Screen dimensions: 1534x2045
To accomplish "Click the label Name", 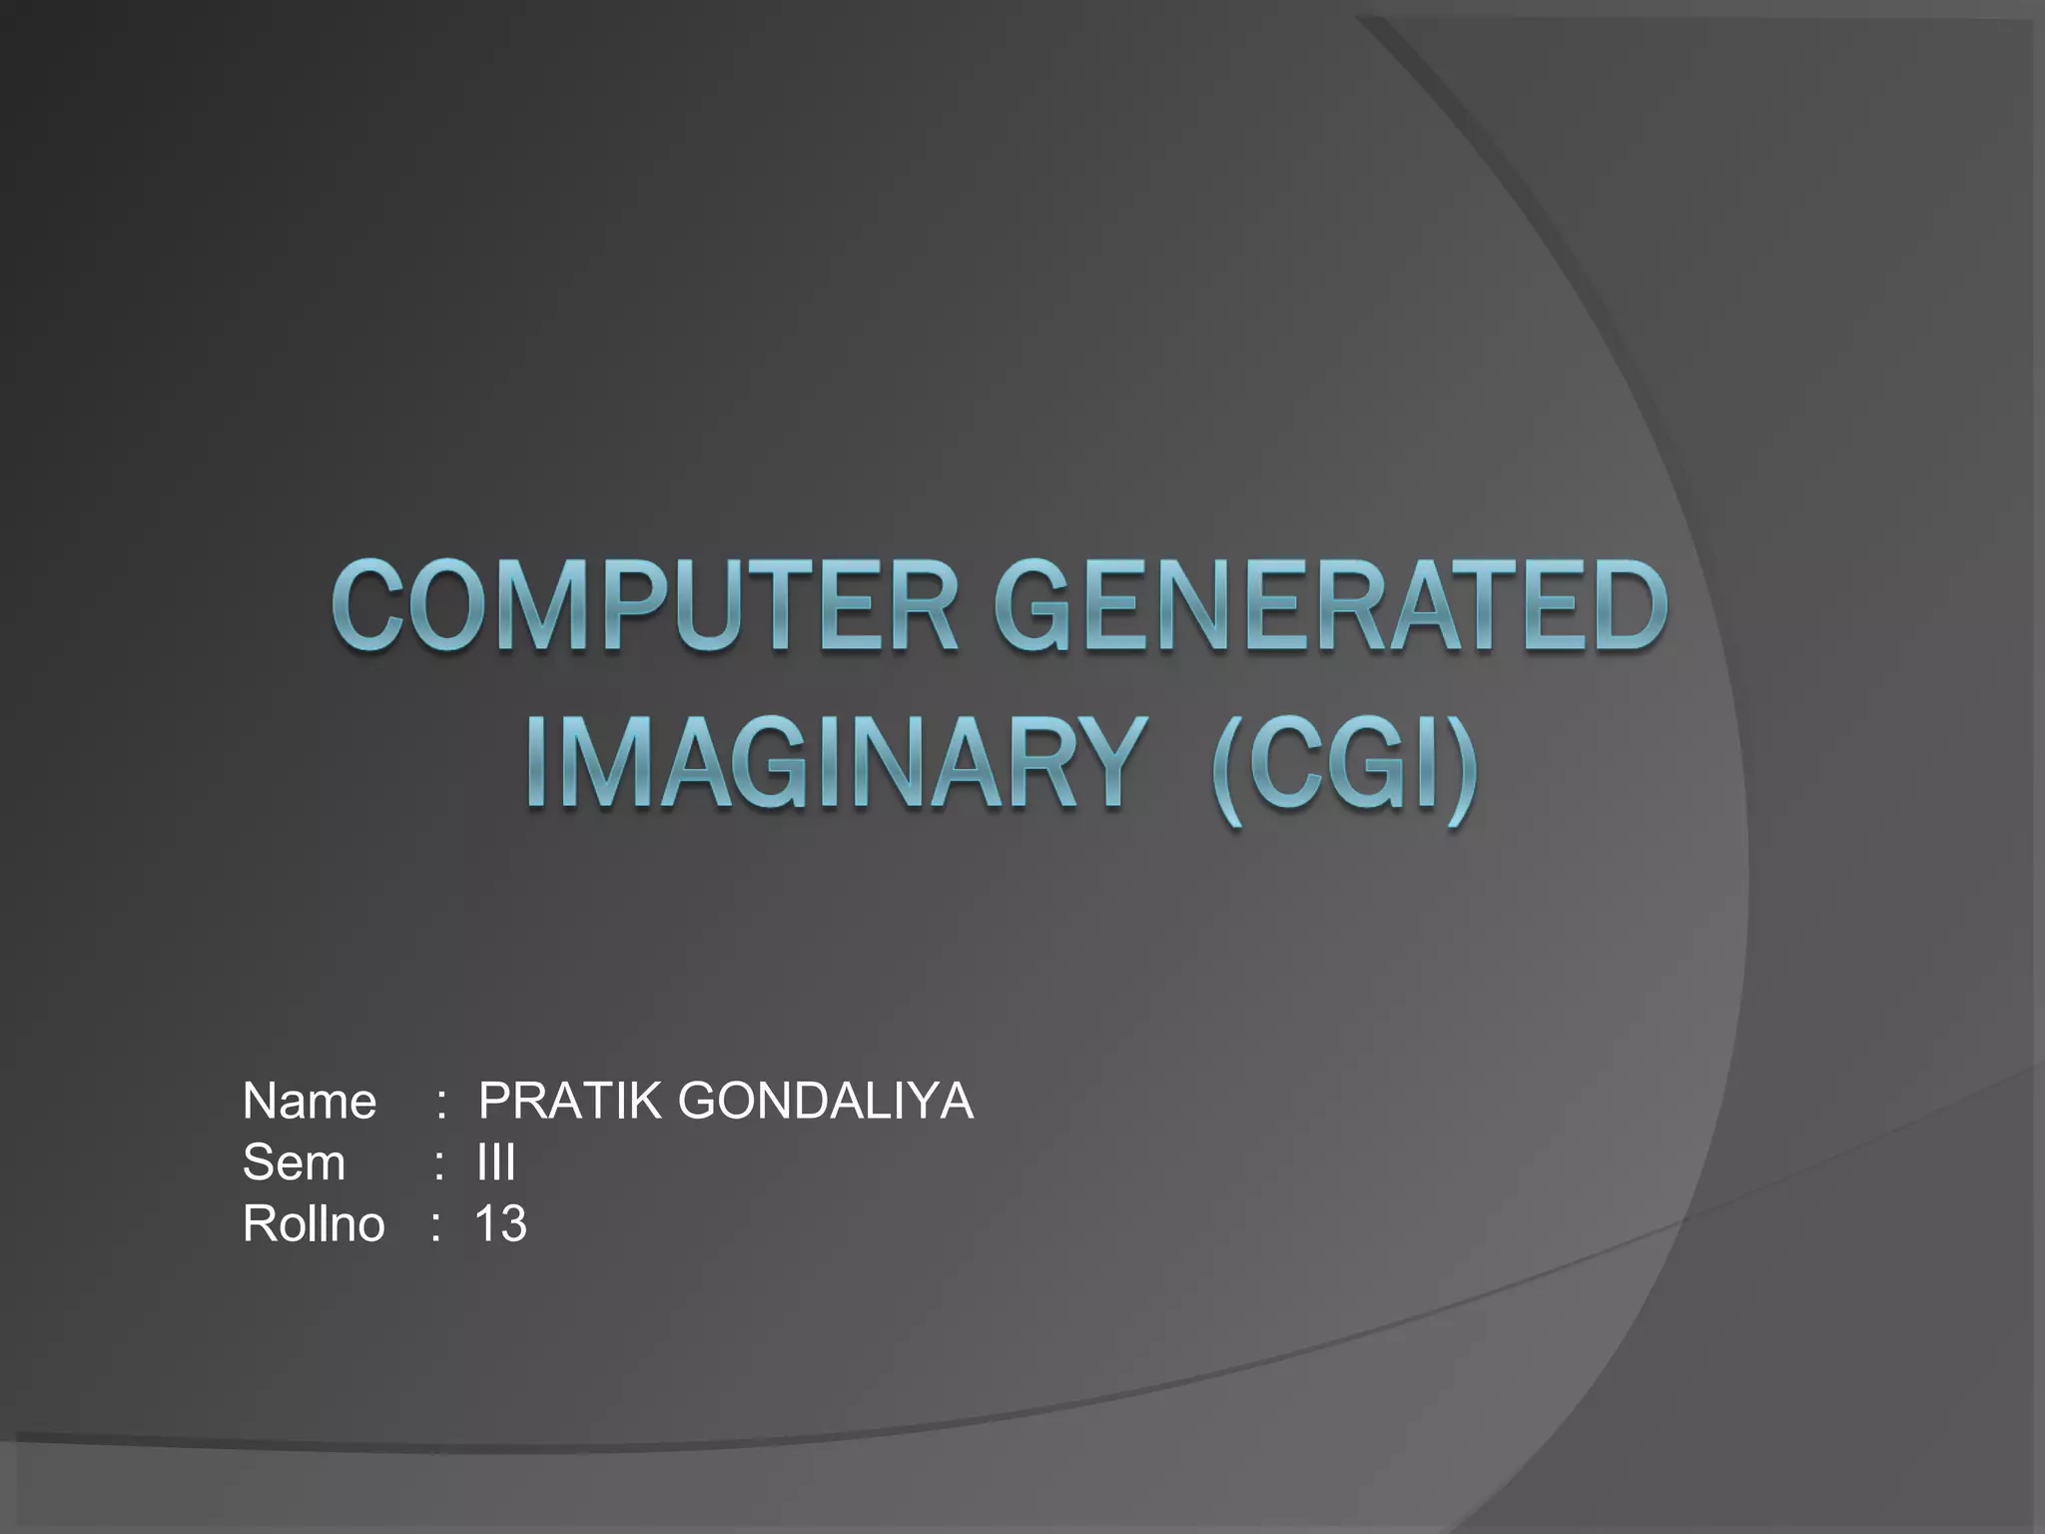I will point(310,1102).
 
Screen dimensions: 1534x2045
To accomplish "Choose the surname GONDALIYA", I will point(825,1102).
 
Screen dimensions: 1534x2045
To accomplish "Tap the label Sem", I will point(294,1162).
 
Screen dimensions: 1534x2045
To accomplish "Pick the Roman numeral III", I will point(496,1162).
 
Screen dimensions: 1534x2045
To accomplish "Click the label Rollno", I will point(313,1223).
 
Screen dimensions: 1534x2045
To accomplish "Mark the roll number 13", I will point(500,1223).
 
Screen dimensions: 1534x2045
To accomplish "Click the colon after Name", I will point(440,1105).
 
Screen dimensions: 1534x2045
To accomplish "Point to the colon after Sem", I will point(439,1165).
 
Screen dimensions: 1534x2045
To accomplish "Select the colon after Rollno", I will point(435,1226).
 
